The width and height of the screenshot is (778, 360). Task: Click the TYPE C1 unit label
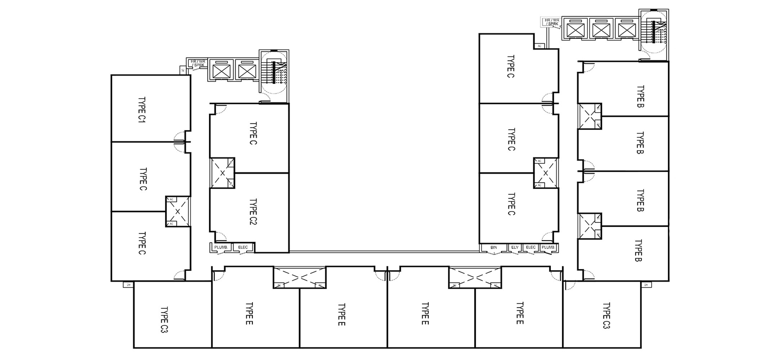coord(142,110)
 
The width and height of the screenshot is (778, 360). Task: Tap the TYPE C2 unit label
coord(253,212)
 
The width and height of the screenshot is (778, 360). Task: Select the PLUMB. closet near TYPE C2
coord(221,247)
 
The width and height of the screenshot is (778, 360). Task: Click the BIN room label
coord(493,247)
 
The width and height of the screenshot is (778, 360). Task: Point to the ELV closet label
coord(515,247)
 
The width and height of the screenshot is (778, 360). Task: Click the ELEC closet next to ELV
coord(531,247)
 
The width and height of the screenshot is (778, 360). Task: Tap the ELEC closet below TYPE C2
coord(243,247)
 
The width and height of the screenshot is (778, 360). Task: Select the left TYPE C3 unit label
coord(164,319)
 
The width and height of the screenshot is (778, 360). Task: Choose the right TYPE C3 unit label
coord(606,316)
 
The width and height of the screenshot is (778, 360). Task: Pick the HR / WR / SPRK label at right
coord(552,22)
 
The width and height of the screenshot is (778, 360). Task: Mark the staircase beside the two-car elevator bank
coord(275,74)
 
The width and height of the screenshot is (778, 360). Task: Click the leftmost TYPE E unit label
coord(249,313)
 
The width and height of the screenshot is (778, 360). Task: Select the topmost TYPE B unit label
coord(640,96)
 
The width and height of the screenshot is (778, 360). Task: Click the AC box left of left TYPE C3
coord(128,285)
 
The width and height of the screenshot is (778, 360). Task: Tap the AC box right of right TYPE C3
coord(646,285)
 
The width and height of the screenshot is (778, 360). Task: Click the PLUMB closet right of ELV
coord(548,247)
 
